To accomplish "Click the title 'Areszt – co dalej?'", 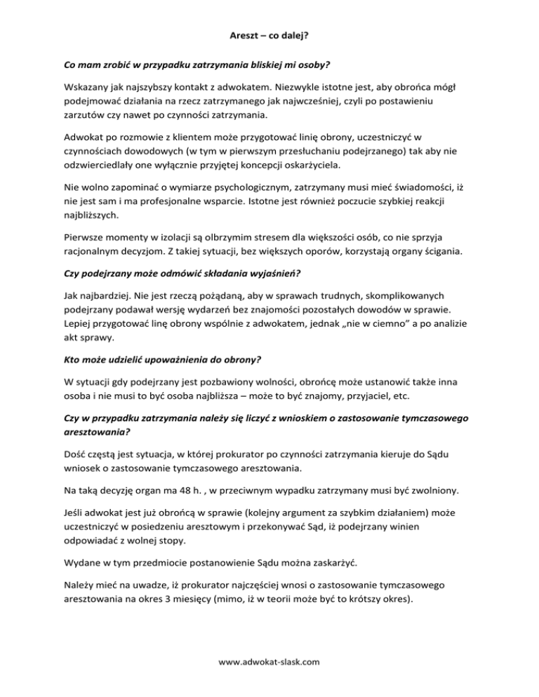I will tap(269, 33).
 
